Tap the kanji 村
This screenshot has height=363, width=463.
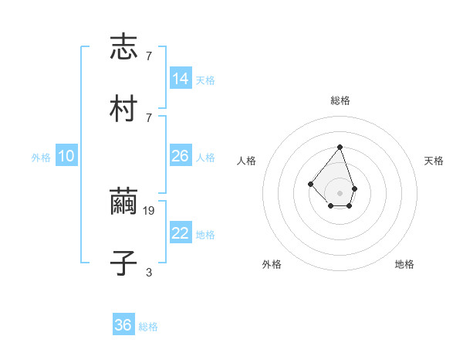pos(123,108)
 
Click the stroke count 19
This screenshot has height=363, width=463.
pos(150,210)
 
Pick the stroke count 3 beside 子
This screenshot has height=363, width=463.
pos(149,272)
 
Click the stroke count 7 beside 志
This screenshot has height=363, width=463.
pos(149,56)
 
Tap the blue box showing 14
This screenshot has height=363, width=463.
pos(181,79)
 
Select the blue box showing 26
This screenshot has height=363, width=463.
pos(181,156)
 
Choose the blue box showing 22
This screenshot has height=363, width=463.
pos(181,233)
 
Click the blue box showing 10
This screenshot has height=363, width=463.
pos(66,156)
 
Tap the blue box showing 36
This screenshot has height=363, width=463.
pos(123,325)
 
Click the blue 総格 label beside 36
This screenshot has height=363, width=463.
pos(148,327)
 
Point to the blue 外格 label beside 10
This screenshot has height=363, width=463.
pos(41,158)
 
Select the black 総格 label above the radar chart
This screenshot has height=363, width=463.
pos(340,101)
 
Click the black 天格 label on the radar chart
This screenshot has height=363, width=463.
pos(434,161)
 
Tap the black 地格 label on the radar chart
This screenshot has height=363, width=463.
pos(404,264)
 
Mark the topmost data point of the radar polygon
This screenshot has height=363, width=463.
pos(340,146)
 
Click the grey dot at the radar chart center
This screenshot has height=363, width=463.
pos(340,192)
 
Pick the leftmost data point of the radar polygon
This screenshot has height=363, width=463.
pos(310,184)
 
